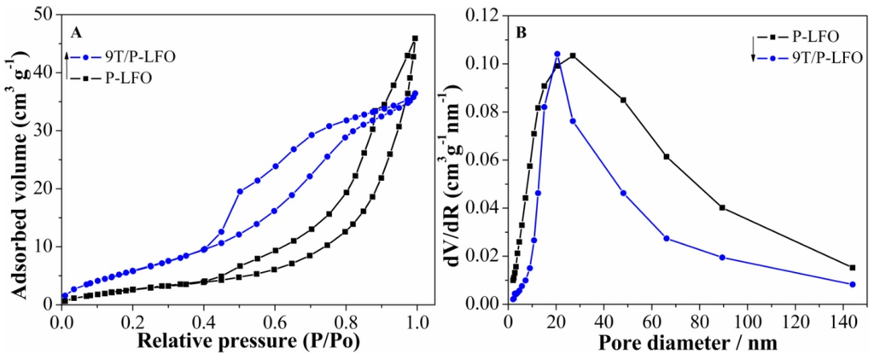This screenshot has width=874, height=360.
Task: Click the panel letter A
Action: (x=76, y=33)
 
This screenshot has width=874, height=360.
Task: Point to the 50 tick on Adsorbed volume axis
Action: (x=45, y=15)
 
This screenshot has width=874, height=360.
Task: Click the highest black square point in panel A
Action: (x=415, y=38)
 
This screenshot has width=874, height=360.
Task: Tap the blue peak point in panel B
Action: (x=557, y=54)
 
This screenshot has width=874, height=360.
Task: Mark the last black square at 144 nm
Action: (x=852, y=267)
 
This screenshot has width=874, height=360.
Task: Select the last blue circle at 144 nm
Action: (x=852, y=284)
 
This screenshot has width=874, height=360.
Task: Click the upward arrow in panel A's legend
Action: (x=66, y=64)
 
